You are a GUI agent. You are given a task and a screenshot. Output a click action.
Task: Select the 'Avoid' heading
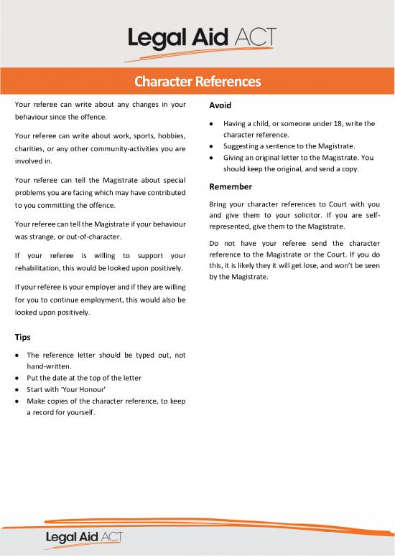[219, 105]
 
